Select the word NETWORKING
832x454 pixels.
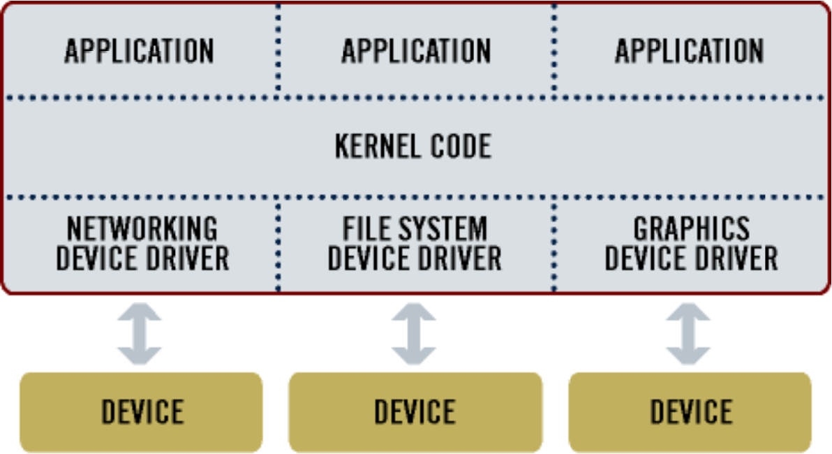[142, 229]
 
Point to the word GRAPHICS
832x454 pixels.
[691, 229]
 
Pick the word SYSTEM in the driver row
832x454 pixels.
[444, 229]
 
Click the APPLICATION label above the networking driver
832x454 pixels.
[140, 51]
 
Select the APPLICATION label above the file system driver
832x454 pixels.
[416, 51]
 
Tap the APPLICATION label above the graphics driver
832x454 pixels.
[690, 51]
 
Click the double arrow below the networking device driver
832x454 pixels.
[140, 334]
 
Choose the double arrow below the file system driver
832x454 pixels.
[414, 334]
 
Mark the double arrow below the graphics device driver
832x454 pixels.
[689, 334]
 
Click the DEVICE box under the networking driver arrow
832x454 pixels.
[142, 411]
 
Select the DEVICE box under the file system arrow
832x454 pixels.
[415, 411]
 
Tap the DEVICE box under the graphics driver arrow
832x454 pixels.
[690, 411]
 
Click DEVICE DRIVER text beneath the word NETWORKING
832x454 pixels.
[142, 258]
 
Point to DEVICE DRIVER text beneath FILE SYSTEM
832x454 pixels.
[415, 258]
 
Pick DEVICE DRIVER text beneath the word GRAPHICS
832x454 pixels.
[691, 258]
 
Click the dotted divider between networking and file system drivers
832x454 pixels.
[278, 244]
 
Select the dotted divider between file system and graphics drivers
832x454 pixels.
[554, 244]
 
